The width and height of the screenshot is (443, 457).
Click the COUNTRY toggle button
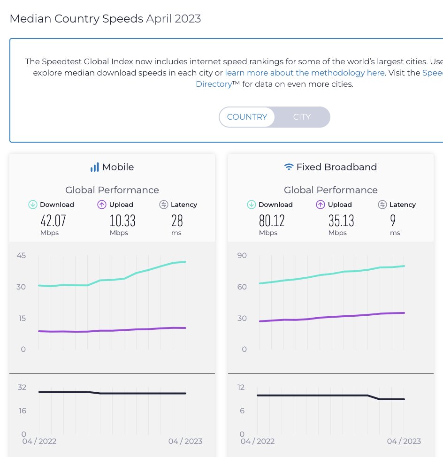pos(247,117)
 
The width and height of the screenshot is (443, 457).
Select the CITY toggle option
pos(302,117)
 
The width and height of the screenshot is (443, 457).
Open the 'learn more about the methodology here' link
pos(305,73)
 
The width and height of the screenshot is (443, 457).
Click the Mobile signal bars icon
pos(95,167)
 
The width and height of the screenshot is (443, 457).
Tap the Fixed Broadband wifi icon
pos(289,167)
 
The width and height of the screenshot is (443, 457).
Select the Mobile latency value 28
pos(177,221)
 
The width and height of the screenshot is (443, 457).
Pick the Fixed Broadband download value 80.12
pos(271,221)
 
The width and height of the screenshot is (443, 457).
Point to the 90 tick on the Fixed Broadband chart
pos(241,255)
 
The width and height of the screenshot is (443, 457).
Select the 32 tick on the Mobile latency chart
pos(22,387)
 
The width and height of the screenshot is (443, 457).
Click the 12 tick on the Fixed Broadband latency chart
pos(241,387)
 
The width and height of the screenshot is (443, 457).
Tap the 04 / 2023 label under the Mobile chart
pos(184,441)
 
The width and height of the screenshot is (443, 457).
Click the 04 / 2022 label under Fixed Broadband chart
pos(258,441)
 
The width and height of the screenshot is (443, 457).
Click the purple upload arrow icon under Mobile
pos(101,205)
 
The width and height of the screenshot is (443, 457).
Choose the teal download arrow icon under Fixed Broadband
pos(252,205)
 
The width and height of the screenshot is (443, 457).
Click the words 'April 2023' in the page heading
pos(173,19)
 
